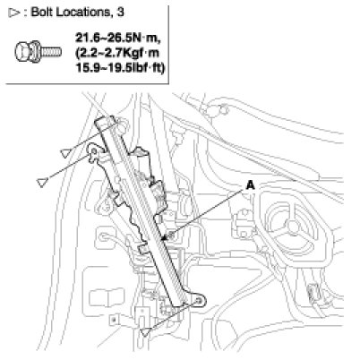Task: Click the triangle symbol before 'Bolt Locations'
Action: coord(14,13)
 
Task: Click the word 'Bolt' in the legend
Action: coord(42,12)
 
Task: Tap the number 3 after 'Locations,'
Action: coord(120,13)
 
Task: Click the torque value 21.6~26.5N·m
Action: coord(118,38)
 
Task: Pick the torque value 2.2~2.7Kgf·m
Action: coord(117,53)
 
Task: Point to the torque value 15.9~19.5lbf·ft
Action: coord(120,68)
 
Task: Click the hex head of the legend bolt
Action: coord(27,51)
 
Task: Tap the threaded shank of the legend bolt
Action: coord(51,52)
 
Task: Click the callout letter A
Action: coord(250,185)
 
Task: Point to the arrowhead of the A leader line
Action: coord(163,238)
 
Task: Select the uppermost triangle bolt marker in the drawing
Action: coord(64,153)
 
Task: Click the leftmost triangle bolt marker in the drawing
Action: coord(42,183)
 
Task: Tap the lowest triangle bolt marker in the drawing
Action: coord(146,331)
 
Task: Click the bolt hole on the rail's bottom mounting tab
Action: coord(198,301)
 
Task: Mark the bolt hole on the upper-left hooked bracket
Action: coord(94,151)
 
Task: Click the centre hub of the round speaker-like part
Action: coord(294,227)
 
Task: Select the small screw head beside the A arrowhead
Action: coord(171,236)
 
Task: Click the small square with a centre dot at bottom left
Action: coord(114,320)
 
